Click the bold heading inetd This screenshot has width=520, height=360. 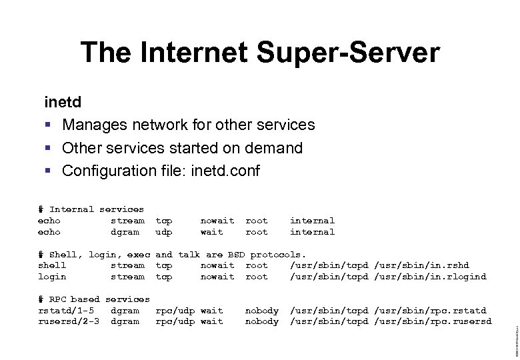[x=63, y=103]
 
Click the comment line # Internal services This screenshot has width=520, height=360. [x=91, y=209]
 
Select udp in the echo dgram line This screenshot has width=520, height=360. [x=164, y=232]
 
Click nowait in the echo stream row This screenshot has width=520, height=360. [x=217, y=221]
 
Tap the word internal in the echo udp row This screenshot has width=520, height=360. [x=312, y=232]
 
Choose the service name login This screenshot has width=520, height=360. [x=52, y=277]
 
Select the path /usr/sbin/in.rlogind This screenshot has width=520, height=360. [x=430, y=277]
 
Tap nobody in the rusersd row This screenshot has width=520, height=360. [x=262, y=322]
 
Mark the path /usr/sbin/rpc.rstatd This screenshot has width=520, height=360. [x=430, y=311]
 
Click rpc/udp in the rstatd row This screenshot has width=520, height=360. [x=175, y=311]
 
